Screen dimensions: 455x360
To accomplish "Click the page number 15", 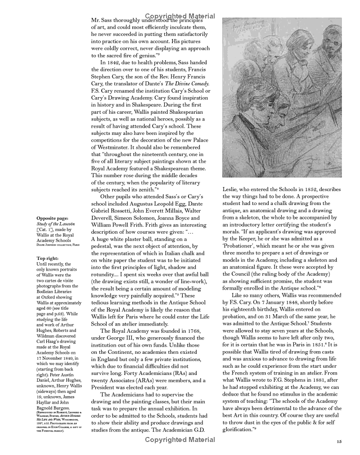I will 338,442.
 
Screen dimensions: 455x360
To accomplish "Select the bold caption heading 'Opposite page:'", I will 52,216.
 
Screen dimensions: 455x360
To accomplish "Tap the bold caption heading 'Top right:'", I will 47,259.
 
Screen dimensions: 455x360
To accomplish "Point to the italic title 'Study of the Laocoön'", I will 56,223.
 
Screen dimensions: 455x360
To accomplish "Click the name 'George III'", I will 123,338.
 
